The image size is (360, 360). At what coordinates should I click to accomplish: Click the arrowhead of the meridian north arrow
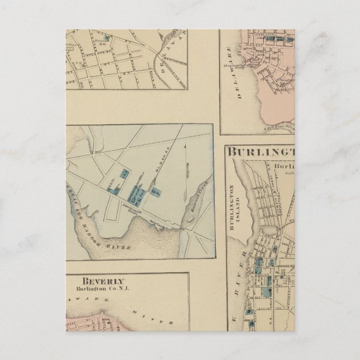[x=185, y=144]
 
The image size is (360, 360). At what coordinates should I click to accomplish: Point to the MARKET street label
[x=169, y=172]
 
